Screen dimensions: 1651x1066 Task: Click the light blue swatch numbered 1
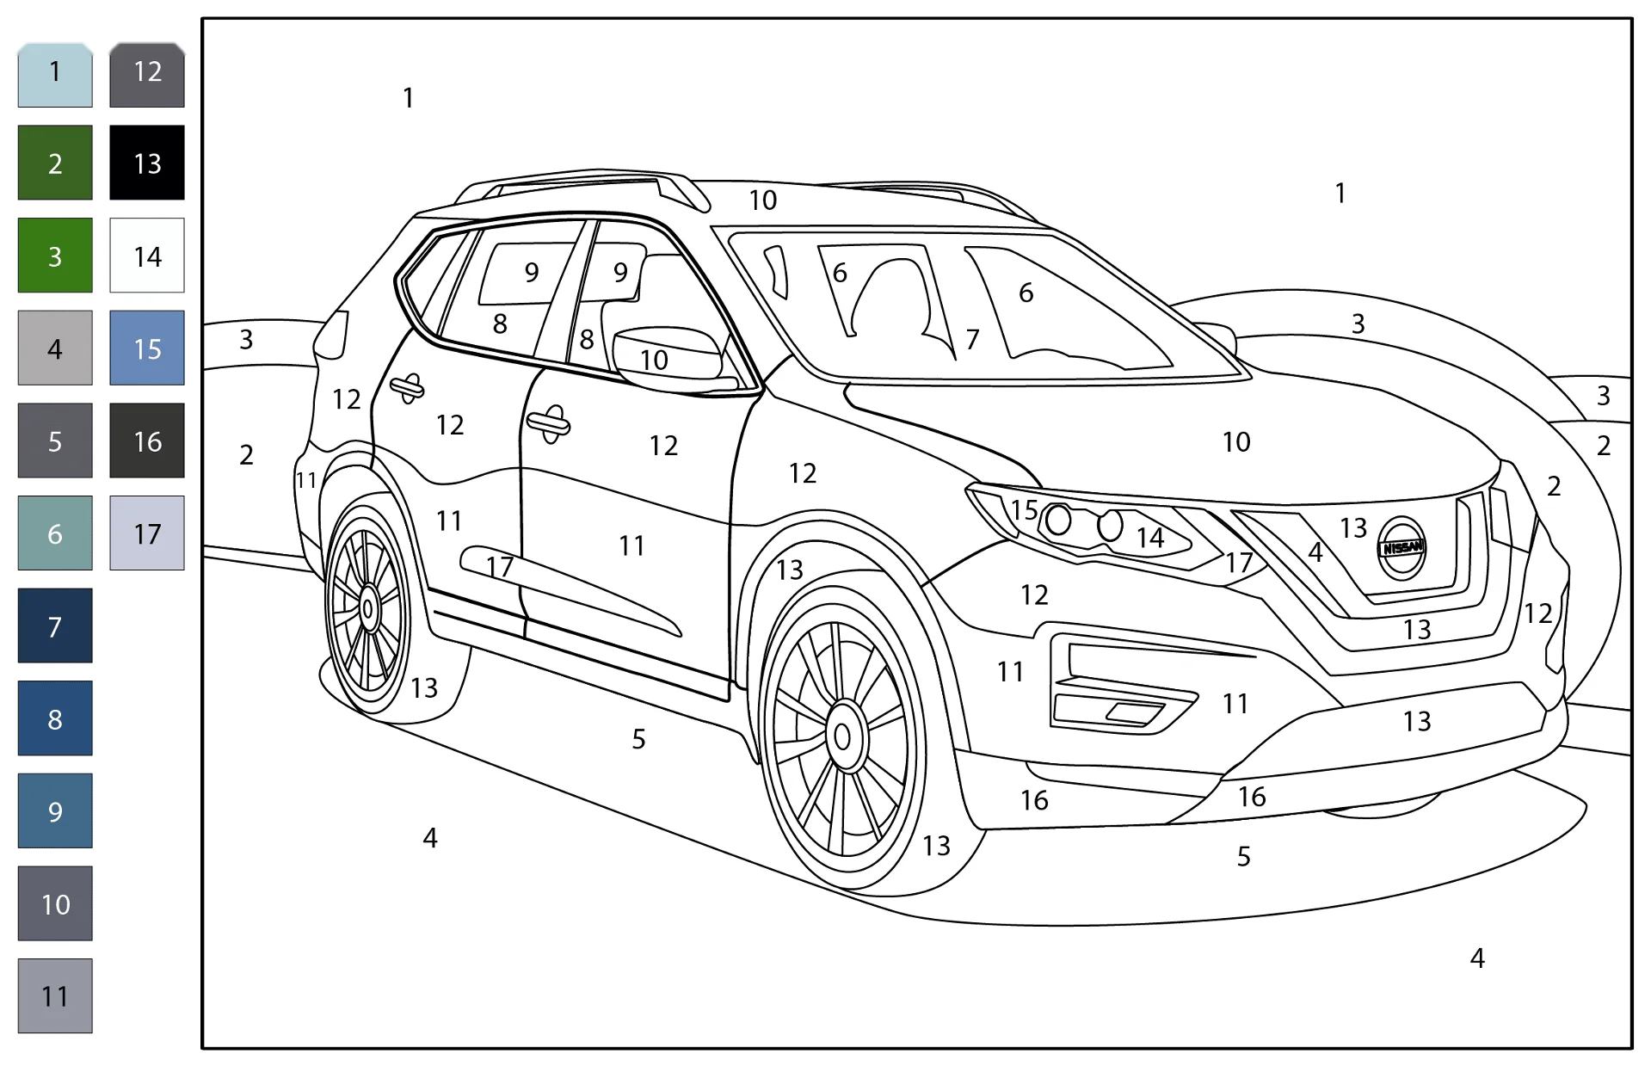pyautogui.click(x=55, y=75)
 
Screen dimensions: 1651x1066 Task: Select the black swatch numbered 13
pyautogui.click(x=147, y=163)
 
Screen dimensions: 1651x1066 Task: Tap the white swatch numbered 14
pyautogui.click(x=147, y=256)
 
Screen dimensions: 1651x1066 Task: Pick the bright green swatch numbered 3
pyautogui.click(x=55, y=256)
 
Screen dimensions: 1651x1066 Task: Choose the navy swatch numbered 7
pyautogui.click(x=55, y=625)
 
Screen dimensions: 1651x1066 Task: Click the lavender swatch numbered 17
pyautogui.click(x=147, y=533)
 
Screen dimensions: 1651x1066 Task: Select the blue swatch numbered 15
pyautogui.click(x=147, y=348)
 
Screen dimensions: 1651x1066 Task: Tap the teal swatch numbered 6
pyautogui.click(x=55, y=533)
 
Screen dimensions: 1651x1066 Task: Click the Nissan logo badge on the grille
pyautogui.click(x=1402, y=548)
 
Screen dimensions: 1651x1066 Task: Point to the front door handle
pyautogui.click(x=549, y=423)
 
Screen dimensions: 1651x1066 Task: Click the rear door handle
pyautogui.click(x=407, y=388)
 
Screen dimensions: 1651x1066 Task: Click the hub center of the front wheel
pyautogui.click(x=843, y=736)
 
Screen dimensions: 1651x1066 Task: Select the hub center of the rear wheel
pyautogui.click(x=368, y=609)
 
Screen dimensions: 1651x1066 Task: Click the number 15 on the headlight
pyautogui.click(x=1024, y=510)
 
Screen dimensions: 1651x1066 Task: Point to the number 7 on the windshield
pyautogui.click(x=972, y=340)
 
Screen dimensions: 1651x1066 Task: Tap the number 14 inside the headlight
pyautogui.click(x=1150, y=539)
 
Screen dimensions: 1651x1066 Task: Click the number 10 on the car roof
pyautogui.click(x=762, y=200)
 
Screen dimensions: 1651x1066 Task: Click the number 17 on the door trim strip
pyautogui.click(x=499, y=567)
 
